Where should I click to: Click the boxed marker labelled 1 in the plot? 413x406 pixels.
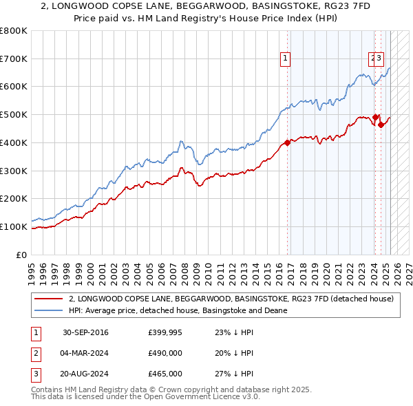pyautogui.click(x=285, y=59)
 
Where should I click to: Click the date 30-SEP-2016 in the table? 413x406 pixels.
pyautogui.click(x=85, y=333)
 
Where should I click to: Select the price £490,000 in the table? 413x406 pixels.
pyautogui.click(x=165, y=353)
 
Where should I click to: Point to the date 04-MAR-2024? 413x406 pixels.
pyautogui.click(x=85, y=353)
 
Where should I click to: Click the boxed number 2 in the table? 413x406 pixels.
pyautogui.click(x=35, y=353)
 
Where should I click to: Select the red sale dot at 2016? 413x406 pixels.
pyautogui.click(x=287, y=142)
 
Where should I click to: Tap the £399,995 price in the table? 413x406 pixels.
pyautogui.click(x=165, y=333)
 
